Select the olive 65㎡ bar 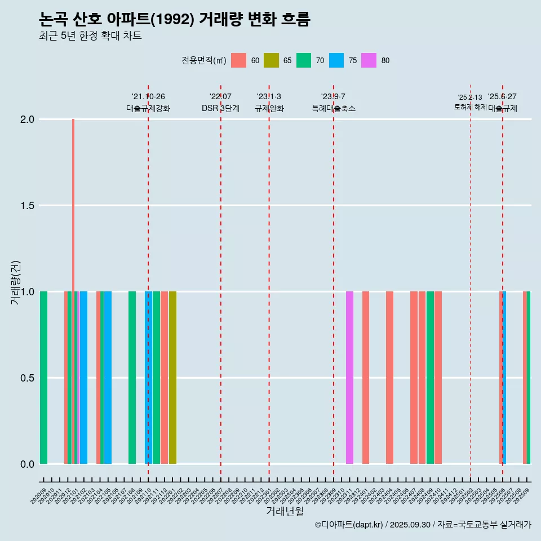pos(172,378)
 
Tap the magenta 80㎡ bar pos(349,378)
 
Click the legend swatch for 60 pos(239,60)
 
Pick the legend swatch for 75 pos(336,60)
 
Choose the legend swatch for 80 pos(369,60)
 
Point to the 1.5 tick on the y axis pos(27,206)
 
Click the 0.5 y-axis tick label pos(27,378)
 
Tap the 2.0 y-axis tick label pos(27,119)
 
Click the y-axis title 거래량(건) pos(16,282)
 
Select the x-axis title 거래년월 pos(285,512)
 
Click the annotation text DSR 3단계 pos(220,108)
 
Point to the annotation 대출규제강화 pos(148,108)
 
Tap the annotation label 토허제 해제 pos(470,107)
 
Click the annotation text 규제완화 pos(269,108)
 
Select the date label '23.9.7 pos(333,97)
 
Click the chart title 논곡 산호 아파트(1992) pos(175,20)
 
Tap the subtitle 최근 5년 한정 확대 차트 pos(90,36)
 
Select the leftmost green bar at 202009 pos(43,378)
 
